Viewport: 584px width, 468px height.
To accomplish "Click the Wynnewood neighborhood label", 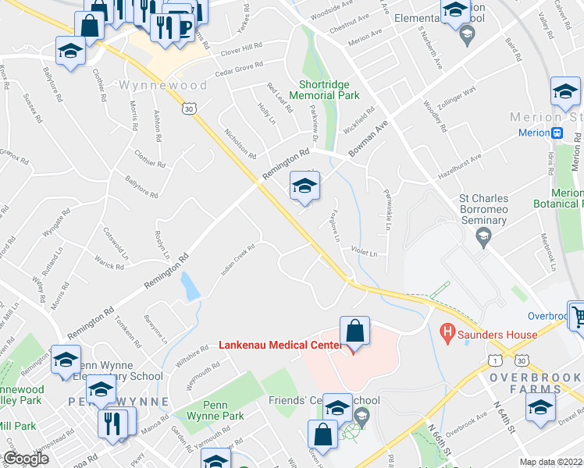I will click(x=164, y=85).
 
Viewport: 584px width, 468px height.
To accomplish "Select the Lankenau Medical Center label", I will click(x=280, y=344).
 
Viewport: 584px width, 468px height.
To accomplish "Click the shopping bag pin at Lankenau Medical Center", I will click(x=355, y=331).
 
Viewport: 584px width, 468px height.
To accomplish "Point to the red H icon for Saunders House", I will click(x=447, y=335).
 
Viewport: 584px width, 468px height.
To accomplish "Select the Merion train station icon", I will click(x=558, y=133).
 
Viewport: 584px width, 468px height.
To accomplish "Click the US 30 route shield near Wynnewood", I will click(x=189, y=110).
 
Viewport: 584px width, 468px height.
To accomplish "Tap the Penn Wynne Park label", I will click(x=226, y=410).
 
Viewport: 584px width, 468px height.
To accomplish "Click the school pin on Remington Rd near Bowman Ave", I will click(x=304, y=186).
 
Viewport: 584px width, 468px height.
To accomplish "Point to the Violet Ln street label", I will click(x=364, y=253).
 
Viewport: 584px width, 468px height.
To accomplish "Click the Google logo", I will click(x=26, y=459).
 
